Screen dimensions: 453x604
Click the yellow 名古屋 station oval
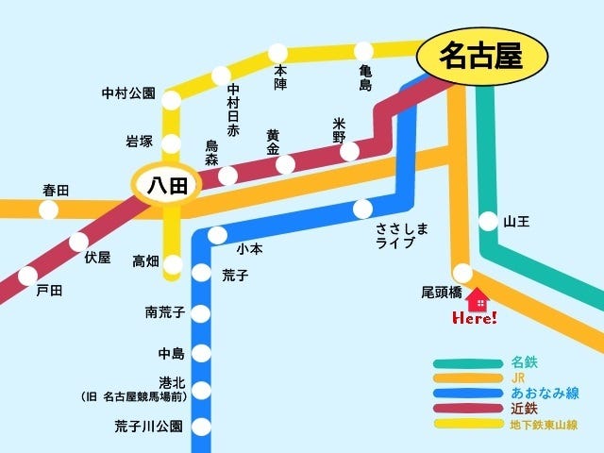pos(482,56)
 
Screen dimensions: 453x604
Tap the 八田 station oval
pos(166,185)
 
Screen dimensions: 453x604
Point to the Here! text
pos(474,319)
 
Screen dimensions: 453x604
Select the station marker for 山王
pos(488,222)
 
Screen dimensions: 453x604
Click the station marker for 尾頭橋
pos(462,273)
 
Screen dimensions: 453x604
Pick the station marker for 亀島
pos(363,50)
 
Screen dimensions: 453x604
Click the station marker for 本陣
pos(278,53)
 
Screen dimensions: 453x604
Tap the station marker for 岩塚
pos(172,143)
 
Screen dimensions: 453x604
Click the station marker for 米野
pos(349,151)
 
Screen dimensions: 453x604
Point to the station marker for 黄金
pos(284,165)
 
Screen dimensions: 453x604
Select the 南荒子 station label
pos(165,311)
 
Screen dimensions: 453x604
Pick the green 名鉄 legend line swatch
pos(466,362)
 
